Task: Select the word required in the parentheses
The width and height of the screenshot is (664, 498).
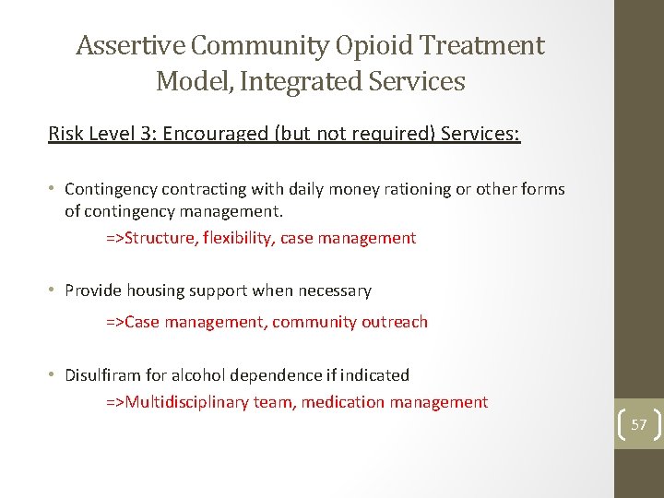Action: pyautogui.click(x=388, y=134)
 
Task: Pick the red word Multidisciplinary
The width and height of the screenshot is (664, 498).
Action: pyautogui.click(x=191, y=402)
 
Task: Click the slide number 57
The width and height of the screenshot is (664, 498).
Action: pyautogui.click(x=639, y=424)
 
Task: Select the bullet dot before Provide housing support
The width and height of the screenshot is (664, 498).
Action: pyautogui.click(x=53, y=290)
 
